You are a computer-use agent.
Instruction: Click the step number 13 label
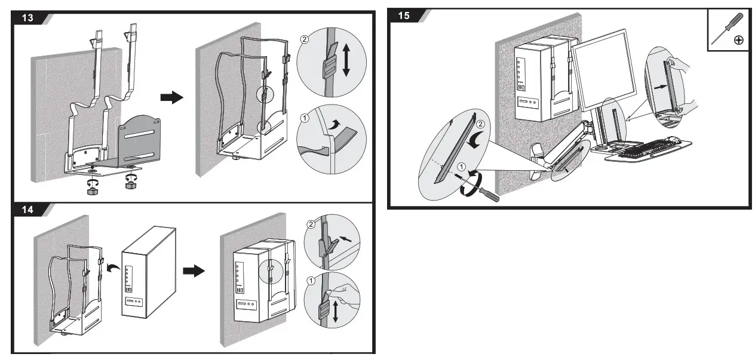click(x=27, y=17)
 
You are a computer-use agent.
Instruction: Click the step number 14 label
click(x=27, y=210)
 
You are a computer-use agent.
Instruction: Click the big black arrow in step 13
click(x=173, y=98)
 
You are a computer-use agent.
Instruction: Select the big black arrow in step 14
click(x=193, y=271)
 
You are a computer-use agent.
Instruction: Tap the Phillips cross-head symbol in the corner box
click(x=738, y=40)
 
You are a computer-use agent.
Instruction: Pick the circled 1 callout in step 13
click(x=305, y=118)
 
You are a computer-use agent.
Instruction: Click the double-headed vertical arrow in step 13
click(x=346, y=59)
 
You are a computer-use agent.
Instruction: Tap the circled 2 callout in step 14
click(x=310, y=225)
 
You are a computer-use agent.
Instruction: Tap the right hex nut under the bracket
click(x=129, y=186)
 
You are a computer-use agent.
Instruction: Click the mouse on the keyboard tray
click(x=673, y=140)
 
